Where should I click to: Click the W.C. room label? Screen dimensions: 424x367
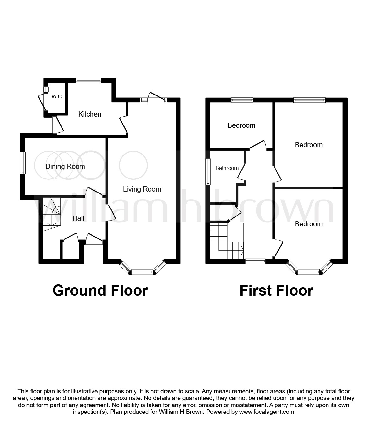57,96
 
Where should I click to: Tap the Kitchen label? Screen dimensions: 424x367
90,114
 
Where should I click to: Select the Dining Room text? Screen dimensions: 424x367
65,166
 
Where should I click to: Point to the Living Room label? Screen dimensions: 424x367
142,189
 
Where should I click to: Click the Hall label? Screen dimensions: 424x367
78,218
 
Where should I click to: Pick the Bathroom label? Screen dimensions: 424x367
227,168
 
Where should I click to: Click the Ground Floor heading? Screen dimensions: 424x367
100,291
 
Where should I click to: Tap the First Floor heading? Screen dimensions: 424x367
276,291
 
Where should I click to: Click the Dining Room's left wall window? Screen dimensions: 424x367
23,163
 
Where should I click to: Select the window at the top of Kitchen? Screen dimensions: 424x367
89,80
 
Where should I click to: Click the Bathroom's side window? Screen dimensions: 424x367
208,171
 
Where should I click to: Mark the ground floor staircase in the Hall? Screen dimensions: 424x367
51,214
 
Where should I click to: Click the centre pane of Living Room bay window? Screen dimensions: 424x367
143,272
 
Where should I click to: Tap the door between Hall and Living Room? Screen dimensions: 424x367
111,212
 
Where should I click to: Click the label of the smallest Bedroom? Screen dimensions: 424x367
241,125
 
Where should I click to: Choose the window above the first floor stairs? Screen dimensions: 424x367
255,261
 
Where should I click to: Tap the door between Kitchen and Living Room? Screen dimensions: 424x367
124,125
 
